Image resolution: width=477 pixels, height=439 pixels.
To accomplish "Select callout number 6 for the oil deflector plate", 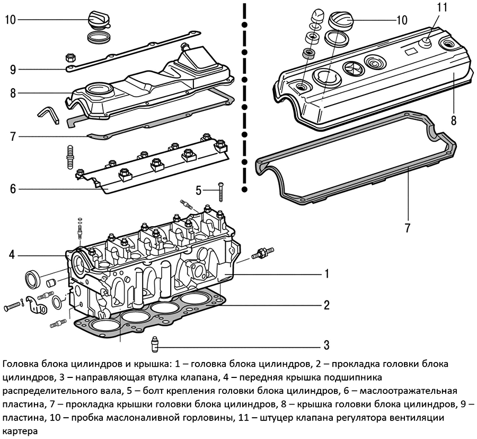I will (13, 189).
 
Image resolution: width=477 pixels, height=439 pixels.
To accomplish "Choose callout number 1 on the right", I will (328, 274).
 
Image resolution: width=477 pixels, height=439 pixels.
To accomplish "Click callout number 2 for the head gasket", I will (327, 305).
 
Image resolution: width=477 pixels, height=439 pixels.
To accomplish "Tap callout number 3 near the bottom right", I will (327, 344).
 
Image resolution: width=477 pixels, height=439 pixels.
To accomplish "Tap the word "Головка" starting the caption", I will (20, 365).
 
